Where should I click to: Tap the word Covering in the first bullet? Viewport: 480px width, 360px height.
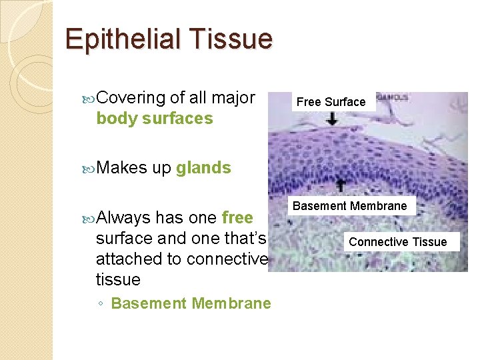(x=131, y=98)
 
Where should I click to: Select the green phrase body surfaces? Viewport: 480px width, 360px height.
(x=155, y=119)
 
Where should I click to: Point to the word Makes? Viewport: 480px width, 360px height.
(x=121, y=168)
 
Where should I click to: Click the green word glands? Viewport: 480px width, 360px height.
(x=203, y=168)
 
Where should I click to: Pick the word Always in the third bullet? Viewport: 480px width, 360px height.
(x=123, y=217)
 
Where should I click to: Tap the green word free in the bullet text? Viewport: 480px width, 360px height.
(x=237, y=217)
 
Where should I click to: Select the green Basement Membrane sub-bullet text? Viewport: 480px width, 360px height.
(x=191, y=303)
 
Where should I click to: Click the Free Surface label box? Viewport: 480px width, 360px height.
(x=331, y=102)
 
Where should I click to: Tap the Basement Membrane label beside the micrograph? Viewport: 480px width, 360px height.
(x=350, y=206)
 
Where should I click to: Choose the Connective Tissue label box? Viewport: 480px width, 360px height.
(x=397, y=241)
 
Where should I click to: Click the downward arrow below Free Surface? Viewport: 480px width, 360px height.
(x=332, y=119)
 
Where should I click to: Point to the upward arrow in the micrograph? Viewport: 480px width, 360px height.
(x=340, y=184)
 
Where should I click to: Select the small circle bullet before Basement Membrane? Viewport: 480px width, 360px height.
(x=99, y=304)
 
